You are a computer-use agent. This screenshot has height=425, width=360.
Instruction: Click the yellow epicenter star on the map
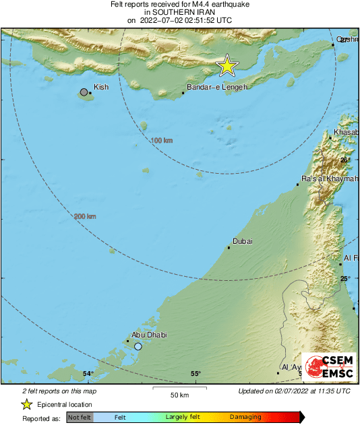click(227, 66)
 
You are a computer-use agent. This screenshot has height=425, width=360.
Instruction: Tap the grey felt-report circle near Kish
click(84, 92)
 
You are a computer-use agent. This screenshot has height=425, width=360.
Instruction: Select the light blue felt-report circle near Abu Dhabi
click(138, 346)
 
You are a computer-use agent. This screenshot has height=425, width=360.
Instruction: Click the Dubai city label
click(243, 241)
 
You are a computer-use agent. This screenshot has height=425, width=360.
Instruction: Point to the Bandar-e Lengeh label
click(217, 88)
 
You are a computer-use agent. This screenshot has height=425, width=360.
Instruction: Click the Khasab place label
click(346, 133)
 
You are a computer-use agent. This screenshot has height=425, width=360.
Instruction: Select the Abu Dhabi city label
click(149, 335)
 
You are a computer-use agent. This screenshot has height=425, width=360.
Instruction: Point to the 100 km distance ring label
click(161, 140)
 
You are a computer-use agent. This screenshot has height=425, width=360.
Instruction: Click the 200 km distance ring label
click(85, 216)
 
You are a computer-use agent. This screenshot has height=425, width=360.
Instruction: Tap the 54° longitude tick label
click(88, 374)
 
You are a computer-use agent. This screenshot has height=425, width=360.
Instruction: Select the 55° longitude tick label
click(196, 374)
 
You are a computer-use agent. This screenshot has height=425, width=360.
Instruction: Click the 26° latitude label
click(344, 160)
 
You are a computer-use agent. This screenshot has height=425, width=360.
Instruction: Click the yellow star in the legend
click(26, 404)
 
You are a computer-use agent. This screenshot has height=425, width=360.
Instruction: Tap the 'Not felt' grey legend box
click(80, 418)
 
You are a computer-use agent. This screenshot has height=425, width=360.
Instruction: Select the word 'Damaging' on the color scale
click(245, 418)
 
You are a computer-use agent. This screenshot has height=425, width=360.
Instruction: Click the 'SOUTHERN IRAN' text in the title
click(179, 12)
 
